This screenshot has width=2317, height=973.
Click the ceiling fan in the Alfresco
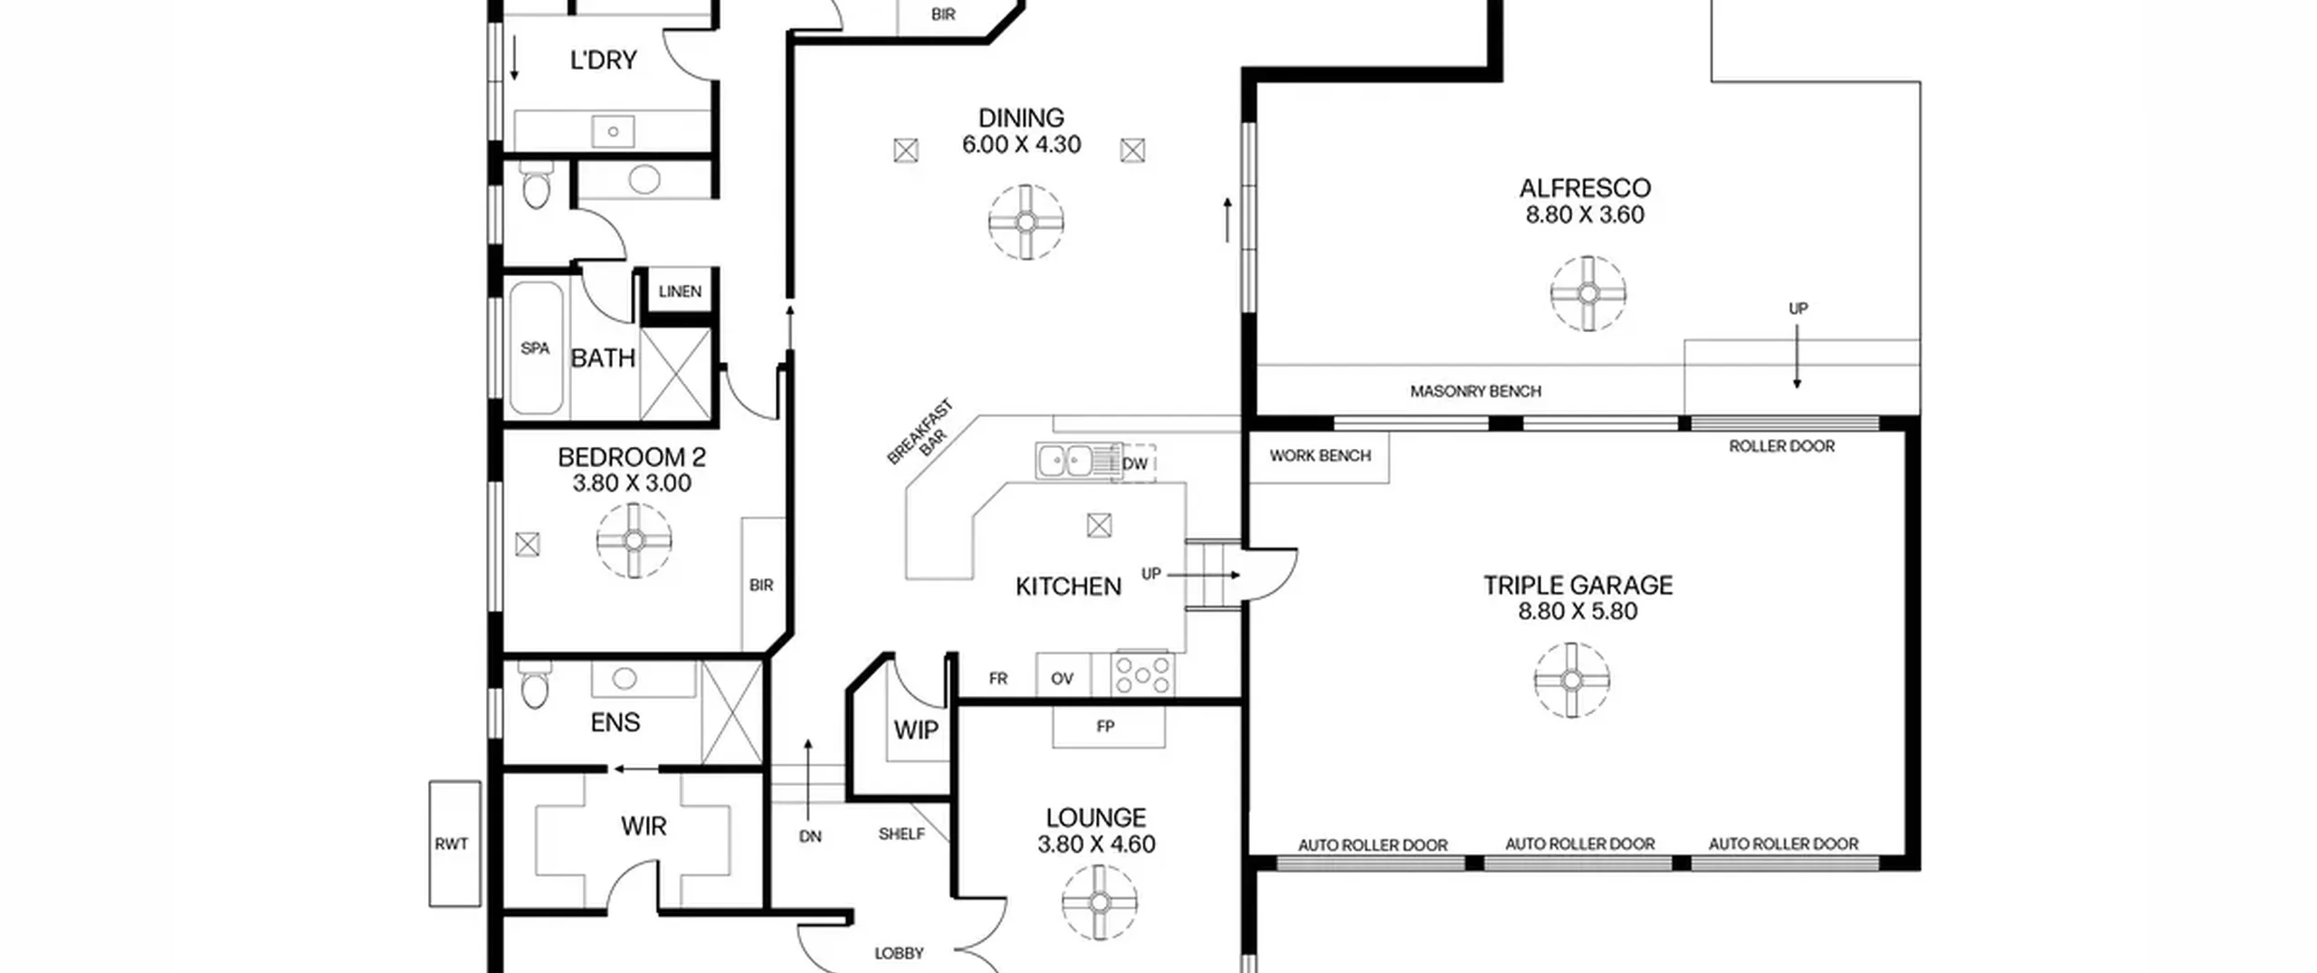tap(1588, 293)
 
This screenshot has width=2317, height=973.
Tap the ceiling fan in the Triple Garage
tap(1572, 680)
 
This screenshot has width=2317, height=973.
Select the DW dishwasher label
tap(1134, 463)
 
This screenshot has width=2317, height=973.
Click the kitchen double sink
tap(1066, 461)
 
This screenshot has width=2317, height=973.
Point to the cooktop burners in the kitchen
tap(1143, 674)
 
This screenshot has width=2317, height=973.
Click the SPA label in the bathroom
tap(535, 348)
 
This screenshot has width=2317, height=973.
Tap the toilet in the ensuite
tap(535, 685)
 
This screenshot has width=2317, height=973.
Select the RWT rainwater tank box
tap(454, 844)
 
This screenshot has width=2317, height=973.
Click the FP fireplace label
tap(1105, 726)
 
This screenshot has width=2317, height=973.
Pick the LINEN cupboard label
tap(680, 291)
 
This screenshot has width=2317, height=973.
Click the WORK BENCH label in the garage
tap(1320, 455)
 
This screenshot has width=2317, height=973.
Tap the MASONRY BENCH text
tap(1475, 391)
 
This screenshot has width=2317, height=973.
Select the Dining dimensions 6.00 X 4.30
tap(1021, 145)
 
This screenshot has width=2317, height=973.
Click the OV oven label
tap(1062, 678)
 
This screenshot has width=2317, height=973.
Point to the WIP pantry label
tap(916, 730)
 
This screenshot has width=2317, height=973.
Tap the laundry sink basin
tap(613, 131)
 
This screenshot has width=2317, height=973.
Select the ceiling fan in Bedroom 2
tap(634, 540)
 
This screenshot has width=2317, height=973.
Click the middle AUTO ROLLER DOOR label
tap(1579, 844)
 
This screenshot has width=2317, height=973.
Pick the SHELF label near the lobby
tap(901, 834)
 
